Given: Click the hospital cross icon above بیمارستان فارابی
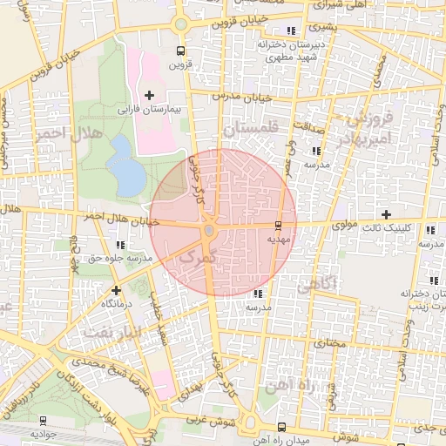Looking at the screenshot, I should [x=150, y=94].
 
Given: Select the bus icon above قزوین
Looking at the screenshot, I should [x=179, y=51].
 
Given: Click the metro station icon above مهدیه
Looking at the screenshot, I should [x=279, y=224].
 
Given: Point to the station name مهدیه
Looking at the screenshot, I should [x=279, y=237].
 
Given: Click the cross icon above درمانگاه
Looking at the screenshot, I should [x=116, y=289].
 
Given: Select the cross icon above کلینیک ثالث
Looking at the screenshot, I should [x=387, y=214].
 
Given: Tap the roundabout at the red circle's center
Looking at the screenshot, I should [x=209, y=231].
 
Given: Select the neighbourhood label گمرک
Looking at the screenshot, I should [x=194, y=257].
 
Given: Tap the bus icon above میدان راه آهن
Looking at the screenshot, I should [x=280, y=427].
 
